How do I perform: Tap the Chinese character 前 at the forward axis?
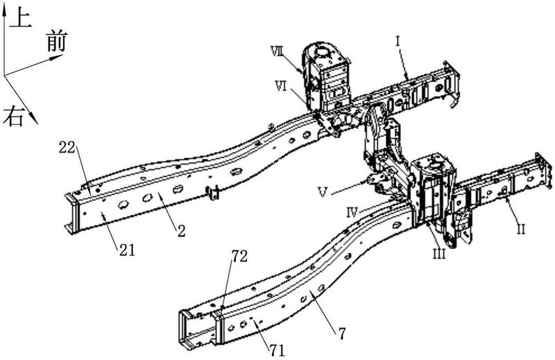click(57, 41)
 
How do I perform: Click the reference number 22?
click(67, 147)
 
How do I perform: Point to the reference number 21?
click(127, 250)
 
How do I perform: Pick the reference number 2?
click(182, 231)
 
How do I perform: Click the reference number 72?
click(239, 256)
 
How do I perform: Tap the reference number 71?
click(277, 350)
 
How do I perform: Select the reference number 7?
click(341, 334)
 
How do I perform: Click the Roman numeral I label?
click(398, 42)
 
